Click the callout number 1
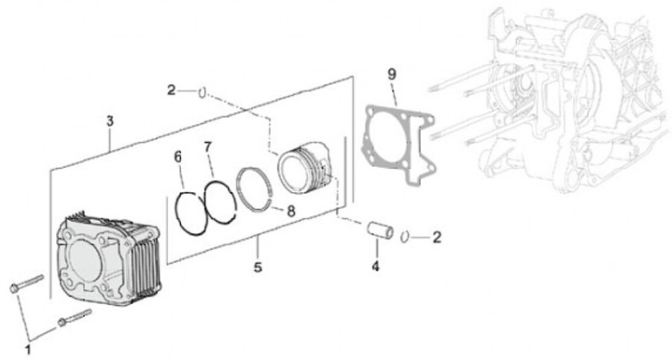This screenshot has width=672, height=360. pos(28,350)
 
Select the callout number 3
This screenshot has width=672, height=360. pos(110,121)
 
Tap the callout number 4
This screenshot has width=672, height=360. pos(375,266)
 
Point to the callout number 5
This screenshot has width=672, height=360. pos(258,267)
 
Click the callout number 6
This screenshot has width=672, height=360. pos(178,157)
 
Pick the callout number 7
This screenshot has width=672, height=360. pos(208,147)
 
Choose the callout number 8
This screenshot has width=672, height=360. pos(291,211)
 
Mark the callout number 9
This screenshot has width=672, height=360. pos(392,74)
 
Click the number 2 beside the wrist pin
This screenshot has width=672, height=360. pos(437,237)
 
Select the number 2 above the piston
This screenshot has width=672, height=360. pos(171,90)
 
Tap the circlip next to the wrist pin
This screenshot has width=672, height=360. pos(405,237)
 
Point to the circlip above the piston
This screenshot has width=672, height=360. pos(203,93)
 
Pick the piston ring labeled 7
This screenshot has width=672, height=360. pos(205,201)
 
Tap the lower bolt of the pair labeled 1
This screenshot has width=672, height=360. pos(75,317)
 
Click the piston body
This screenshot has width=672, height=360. pos(304,167)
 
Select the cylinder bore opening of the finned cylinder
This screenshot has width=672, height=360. pos(84,261)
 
